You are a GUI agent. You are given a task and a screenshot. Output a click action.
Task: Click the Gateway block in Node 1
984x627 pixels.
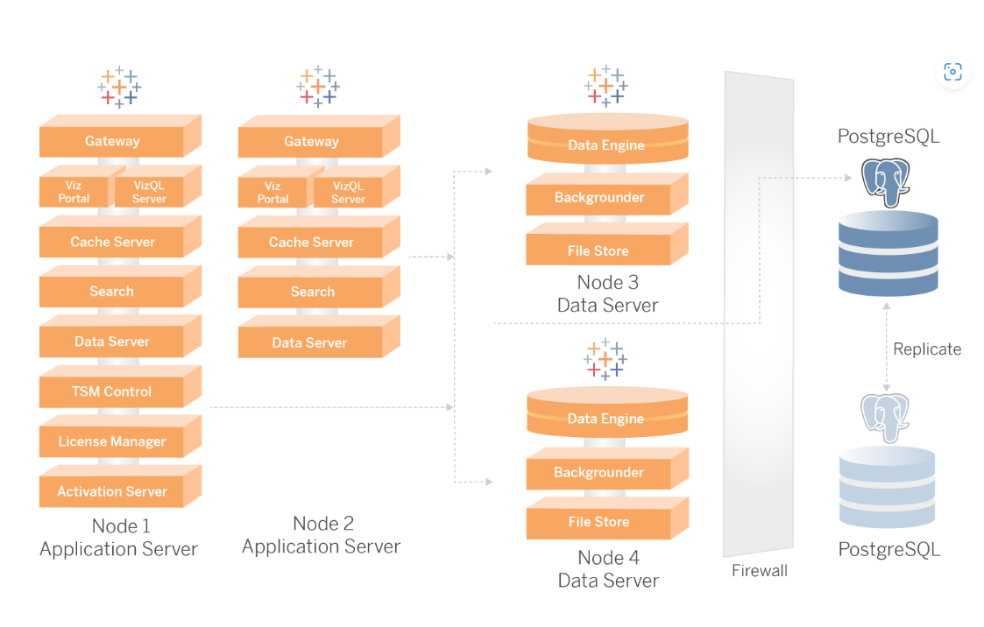click(x=112, y=141)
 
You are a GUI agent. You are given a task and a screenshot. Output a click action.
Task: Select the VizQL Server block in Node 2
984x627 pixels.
click(x=348, y=193)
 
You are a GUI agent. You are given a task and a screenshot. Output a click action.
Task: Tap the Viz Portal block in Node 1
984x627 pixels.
click(x=74, y=192)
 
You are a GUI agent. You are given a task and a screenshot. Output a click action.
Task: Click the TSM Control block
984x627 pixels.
click(x=112, y=391)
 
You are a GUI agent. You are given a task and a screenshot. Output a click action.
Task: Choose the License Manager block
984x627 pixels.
click(x=112, y=441)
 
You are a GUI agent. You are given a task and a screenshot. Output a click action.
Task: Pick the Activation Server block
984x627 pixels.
click(x=112, y=491)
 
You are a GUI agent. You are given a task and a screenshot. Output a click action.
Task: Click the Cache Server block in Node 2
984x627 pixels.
click(x=311, y=242)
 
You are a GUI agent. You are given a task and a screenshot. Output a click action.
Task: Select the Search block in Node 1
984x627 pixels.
click(x=112, y=292)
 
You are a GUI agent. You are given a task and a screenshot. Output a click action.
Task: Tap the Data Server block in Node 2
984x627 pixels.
click(x=310, y=342)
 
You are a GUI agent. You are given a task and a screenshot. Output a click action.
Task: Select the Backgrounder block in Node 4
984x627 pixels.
click(x=599, y=473)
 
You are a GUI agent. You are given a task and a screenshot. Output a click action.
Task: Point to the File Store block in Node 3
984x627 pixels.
click(x=598, y=250)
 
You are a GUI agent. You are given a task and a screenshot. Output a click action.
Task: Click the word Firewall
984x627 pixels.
click(x=760, y=571)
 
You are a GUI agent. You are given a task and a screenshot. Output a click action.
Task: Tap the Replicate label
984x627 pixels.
click(x=927, y=349)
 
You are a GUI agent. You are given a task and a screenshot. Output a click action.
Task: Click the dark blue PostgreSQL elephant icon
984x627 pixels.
click(x=887, y=181)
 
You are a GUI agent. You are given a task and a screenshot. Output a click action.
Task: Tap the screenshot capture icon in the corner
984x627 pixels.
click(x=952, y=72)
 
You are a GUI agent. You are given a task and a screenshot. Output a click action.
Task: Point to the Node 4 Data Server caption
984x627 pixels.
click(x=609, y=568)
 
